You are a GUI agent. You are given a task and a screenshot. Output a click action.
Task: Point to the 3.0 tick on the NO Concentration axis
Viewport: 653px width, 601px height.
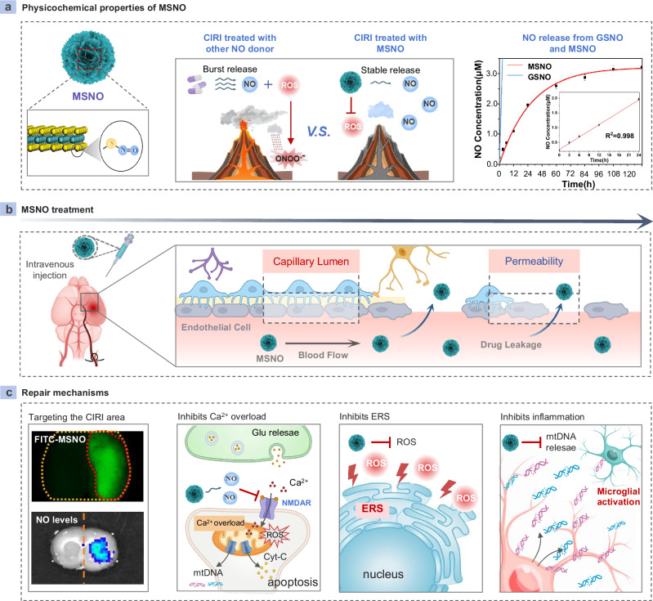(488, 73)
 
